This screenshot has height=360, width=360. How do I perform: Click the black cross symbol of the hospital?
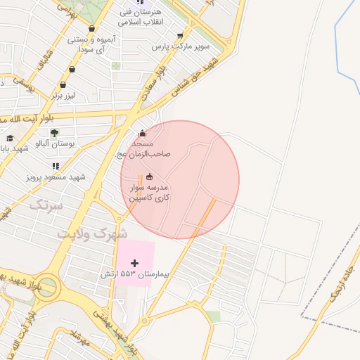pyautogui.click(x=135, y=263)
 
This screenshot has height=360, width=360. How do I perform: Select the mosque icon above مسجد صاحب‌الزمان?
pyautogui.click(x=143, y=134)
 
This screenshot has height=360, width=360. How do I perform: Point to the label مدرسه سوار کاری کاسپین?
pyautogui.click(x=147, y=193)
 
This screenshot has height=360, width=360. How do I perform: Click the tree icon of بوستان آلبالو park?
pyautogui.click(x=54, y=131)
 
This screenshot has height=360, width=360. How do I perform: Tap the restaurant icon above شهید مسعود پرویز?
pyautogui.click(x=55, y=166)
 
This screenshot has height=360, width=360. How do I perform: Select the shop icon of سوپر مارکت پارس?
pyautogui.click(x=181, y=35)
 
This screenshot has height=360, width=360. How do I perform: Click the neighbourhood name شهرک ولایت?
pyautogui.click(x=92, y=232)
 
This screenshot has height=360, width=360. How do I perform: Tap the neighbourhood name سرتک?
pyautogui.click(x=46, y=206)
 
